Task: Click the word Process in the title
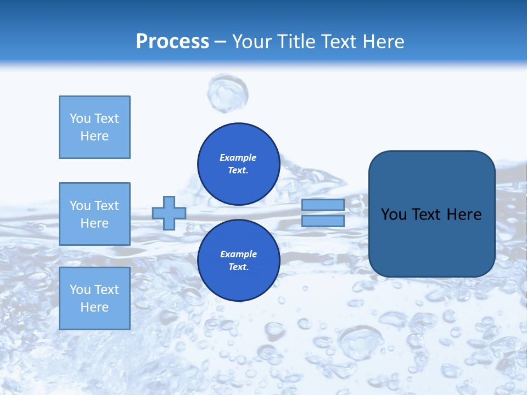172,42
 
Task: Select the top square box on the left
94,127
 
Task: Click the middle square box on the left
94,214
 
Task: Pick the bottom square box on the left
94,298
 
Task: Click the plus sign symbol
169,213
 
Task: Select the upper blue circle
238,164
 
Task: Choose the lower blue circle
238,261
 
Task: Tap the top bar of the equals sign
323,205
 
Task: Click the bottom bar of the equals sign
323,221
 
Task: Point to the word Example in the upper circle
238,158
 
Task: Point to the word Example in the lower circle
238,255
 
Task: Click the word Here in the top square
94,137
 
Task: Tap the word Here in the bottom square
94,308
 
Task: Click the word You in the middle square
79,206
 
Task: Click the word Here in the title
383,42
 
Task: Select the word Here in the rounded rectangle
464,215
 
